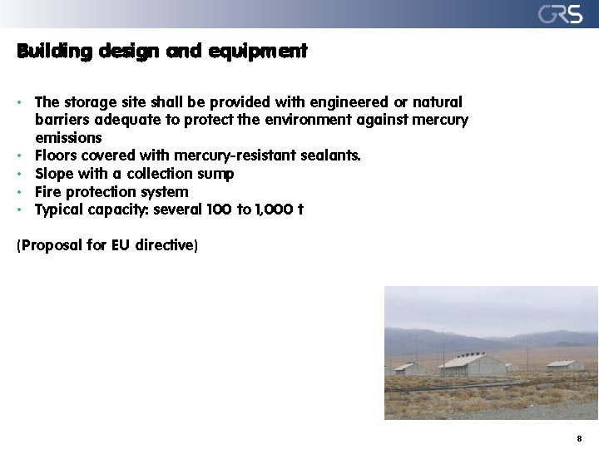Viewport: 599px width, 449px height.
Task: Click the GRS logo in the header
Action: pyautogui.click(x=560, y=14)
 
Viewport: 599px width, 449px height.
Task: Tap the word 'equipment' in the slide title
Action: pyautogui.click(x=258, y=52)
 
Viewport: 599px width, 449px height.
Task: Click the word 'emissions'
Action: pyautogui.click(x=68, y=138)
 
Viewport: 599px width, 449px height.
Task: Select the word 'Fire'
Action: pyautogui.click(x=48, y=192)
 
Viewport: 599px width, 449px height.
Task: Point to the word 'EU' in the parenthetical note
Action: pyautogui.click(x=121, y=246)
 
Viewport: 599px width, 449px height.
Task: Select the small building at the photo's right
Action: pyautogui.click(x=566, y=364)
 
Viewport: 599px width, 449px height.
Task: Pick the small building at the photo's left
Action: pyautogui.click(x=408, y=368)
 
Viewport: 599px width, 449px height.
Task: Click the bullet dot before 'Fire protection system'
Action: pyautogui.click(x=18, y=192)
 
